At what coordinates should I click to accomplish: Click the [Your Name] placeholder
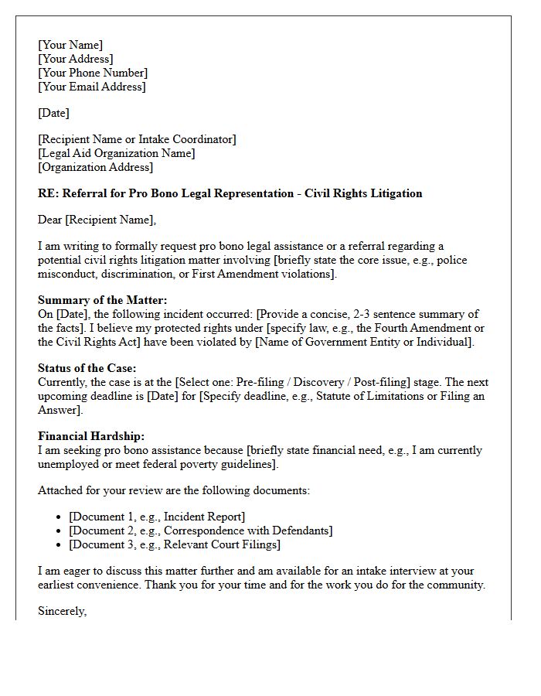70,45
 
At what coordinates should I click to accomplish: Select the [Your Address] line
76,59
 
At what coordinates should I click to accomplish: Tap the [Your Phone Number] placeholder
93,73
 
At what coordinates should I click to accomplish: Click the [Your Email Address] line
92,87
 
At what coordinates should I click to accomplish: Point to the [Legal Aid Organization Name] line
116,153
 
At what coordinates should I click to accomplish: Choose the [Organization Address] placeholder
96,167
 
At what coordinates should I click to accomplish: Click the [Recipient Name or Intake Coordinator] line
137,139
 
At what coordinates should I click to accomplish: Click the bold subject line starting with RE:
230,193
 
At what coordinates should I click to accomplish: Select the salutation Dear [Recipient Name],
97,220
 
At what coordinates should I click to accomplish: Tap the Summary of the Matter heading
103,300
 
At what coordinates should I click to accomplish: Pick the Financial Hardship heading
91,436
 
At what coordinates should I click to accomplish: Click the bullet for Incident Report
60,517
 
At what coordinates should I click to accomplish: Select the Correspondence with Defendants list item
201,531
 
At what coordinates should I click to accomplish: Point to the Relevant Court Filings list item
175,544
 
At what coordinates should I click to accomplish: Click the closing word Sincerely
62,611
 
